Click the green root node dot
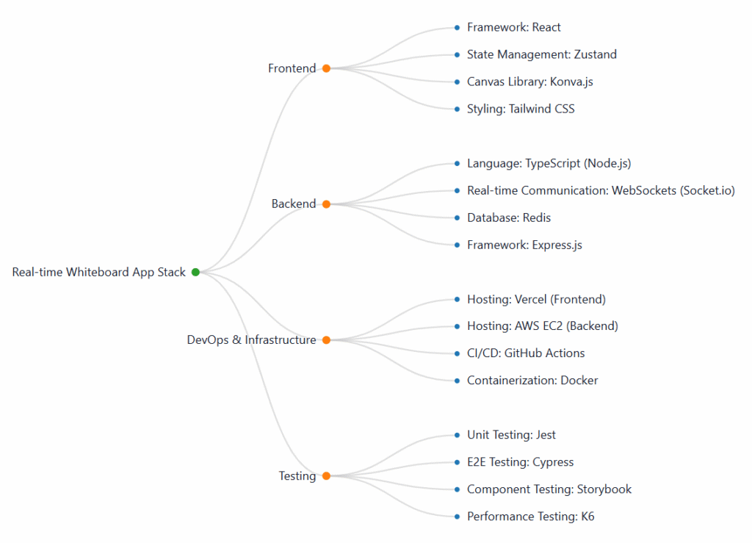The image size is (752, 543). click(x=195, y=272)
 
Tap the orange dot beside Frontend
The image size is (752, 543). click(x=326, y=68)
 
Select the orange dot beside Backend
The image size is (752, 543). click(x=326, y=204)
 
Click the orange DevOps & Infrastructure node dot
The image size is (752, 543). click(x=326, y=340)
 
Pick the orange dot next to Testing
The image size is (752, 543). click(x=326, y=476)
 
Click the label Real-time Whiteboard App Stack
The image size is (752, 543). click(x=98, y=272)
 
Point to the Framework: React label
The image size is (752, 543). click(x=513, y=27)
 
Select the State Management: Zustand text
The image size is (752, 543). click(x=541, y=54)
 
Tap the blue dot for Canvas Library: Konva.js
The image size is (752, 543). click(x=457, y=82)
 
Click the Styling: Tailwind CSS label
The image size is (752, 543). click(x=521, y=109)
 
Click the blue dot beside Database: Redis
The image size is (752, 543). click(x=457, y=217)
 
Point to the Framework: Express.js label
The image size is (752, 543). click(x=524, y=245)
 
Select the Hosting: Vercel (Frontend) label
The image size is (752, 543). click(x=536, y=299)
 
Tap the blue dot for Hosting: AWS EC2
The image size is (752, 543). click(x=457, y=326)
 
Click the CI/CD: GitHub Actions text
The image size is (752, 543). click(x=526, y=353)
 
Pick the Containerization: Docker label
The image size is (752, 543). click(x=532, y=381)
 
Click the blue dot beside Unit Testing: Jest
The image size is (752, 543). click(x=457, y=435)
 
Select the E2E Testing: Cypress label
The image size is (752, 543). click(x=520, y=462)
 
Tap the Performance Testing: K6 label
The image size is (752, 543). click(x=530, y=517)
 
